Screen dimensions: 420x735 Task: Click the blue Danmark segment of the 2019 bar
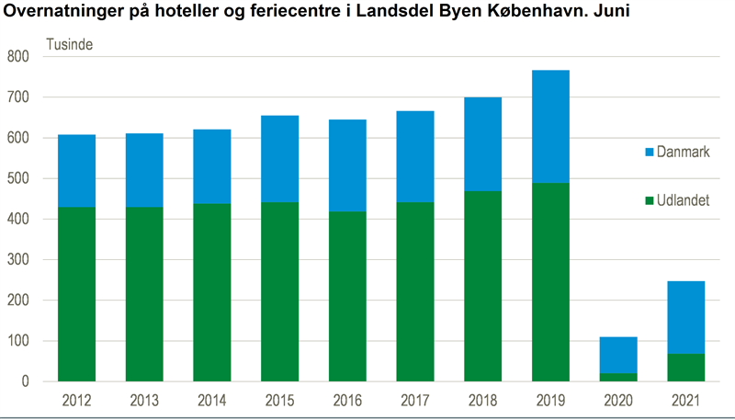click(x=550, y=126)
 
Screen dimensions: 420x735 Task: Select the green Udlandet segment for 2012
click(x=76, y=293)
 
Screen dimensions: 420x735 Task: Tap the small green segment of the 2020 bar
click(x=618, y=377)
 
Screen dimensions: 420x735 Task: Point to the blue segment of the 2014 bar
click(x=212, y=166)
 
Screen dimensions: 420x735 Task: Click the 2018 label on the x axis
click(x=482, y=401)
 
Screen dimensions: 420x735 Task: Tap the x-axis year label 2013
click(x=144, y=401)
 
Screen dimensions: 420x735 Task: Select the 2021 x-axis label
click(x=685, y=401)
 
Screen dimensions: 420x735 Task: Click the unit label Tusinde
click(x=69, y=43)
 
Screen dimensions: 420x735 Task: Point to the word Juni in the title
click(x=611, y=13)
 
